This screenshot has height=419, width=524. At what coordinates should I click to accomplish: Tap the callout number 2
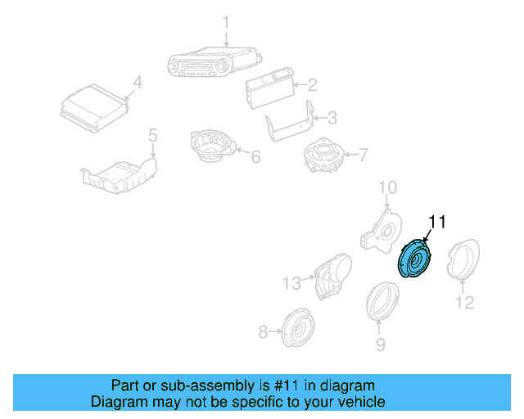click(311, 83)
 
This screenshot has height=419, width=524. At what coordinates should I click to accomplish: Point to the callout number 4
click(138, 82)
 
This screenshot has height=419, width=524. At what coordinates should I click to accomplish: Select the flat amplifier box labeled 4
click(95, 110)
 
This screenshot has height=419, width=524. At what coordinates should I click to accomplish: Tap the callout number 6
click(255, 155)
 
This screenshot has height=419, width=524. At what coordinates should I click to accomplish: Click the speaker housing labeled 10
click(378, 227)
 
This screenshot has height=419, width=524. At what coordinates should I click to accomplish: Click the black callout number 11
click(438, 222)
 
